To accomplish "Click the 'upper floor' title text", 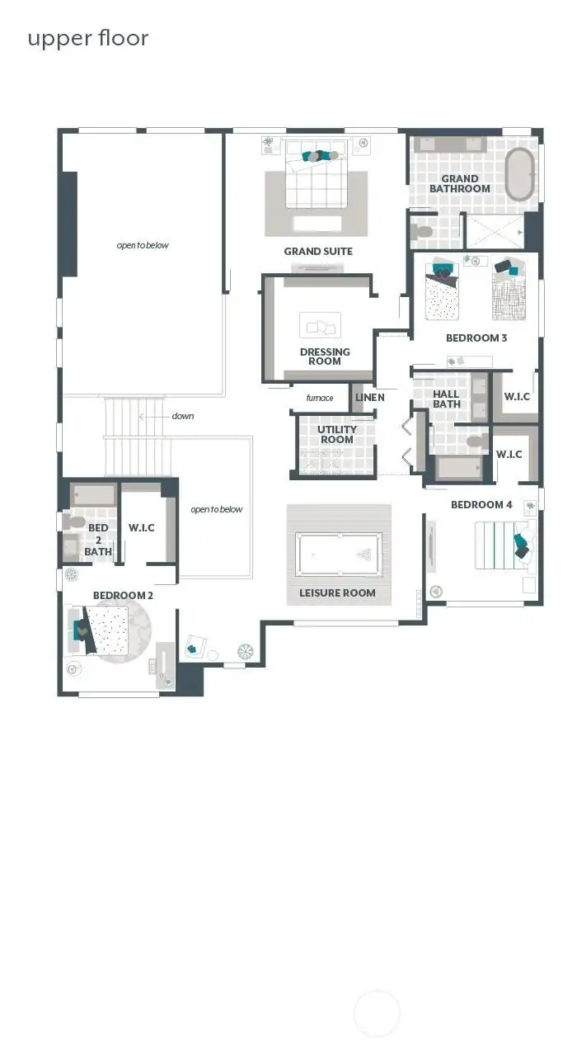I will [x=88, y=39].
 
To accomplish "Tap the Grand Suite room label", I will [x=318, y=252].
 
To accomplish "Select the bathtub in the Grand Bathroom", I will [x=519, y=174].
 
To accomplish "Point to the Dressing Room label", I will [x=325, y=356].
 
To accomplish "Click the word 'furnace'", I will [x=319, y=398].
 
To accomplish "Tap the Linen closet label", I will [x=369, y=398].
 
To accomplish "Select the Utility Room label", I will [x=337, y=435].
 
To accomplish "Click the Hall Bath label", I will [x=447, y=399].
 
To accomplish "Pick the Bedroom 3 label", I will [x=476, y=338].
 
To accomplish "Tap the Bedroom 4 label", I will [x=481, y=505].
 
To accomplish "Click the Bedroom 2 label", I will [x=123, y=595].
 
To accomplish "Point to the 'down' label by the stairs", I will [x=183, y=416].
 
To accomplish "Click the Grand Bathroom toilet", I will [x=424, y=231].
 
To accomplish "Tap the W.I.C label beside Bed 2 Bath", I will [x=142, y=528].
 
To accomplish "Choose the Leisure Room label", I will [x=337, y=593].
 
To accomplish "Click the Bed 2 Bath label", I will [x=98, y=540].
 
